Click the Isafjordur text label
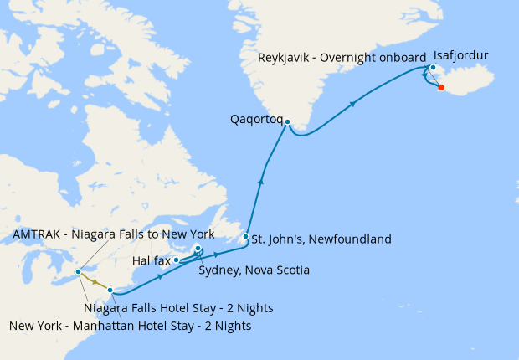(461, 55)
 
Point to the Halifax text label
(152, 261)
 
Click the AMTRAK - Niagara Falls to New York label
(114, 234)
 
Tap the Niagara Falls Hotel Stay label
(178, 308)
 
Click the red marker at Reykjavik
(441, 87)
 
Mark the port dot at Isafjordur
(433, 68)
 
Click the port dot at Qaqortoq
(287, 122)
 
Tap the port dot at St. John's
(245, 237)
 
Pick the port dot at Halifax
(177, 260)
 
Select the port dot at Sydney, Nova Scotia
(198, 249)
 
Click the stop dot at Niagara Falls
(78, 272)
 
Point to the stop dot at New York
(110, 291)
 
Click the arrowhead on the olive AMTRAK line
(95, 282)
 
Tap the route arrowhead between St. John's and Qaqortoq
(261, 180)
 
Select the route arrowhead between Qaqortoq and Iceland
(354, 104)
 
